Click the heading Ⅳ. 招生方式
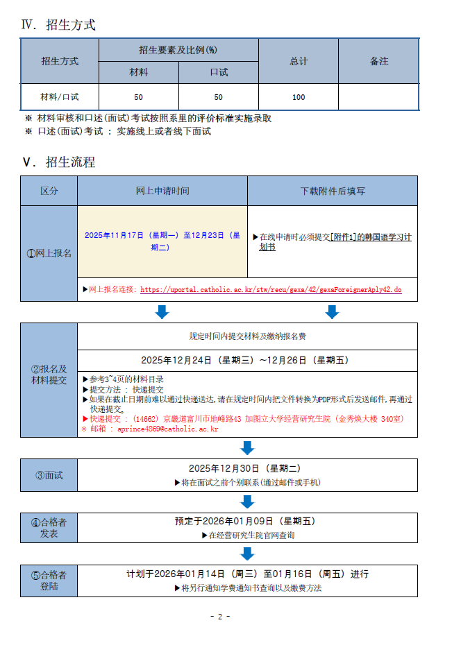(58, 25)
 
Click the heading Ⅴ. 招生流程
(58, 162)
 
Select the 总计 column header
(299, 61)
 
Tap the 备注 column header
(378, 61)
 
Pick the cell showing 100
(299, 97)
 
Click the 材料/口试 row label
(60, 97)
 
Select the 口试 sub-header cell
(219, 72)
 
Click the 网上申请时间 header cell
(162, 191)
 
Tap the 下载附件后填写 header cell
(333, 191)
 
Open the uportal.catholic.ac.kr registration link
(271, 289)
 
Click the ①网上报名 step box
(49, 253)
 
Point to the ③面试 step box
(49, 475)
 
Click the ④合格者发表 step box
(49, 528)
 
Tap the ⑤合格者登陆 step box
(49, 581)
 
